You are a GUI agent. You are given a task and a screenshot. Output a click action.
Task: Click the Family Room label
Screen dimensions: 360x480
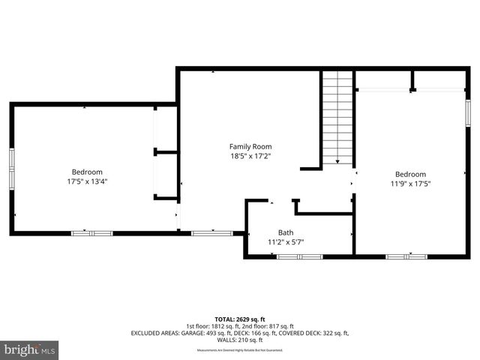point(250,146)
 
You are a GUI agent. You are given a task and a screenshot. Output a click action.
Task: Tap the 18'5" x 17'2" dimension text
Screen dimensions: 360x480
point(250,157)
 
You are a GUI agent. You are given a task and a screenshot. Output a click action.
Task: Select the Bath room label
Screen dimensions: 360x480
point(286,232)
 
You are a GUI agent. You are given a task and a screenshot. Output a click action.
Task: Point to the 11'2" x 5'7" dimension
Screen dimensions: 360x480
point(286,242)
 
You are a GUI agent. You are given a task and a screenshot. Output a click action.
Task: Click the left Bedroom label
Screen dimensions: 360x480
point(87,172)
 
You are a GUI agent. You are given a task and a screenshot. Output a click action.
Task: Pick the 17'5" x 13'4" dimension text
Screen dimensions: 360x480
point(87,181)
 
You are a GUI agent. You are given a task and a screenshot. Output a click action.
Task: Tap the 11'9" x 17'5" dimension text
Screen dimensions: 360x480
point(410,182)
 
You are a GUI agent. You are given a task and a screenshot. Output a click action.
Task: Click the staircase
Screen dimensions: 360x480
point(337,116)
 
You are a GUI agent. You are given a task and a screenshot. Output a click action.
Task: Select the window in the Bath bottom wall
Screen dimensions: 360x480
point(299,256)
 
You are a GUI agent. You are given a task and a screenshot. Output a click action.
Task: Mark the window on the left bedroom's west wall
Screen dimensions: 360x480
point(12,169)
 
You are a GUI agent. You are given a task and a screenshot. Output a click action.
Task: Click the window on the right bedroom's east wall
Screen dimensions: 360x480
point(467,112)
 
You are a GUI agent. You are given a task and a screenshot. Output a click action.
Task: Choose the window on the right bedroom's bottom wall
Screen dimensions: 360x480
point(406,256)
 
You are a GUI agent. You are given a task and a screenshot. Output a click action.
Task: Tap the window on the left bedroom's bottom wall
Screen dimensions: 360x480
point(91,233)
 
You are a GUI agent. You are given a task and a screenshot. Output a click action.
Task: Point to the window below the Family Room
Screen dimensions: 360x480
point(211,233)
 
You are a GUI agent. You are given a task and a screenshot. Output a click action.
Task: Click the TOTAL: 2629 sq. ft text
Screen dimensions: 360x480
point(239,319)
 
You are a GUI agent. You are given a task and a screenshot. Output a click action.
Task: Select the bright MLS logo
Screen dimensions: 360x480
point(30,349)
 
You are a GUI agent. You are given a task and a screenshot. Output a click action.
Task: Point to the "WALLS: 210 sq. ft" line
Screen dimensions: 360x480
point(239,340)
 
